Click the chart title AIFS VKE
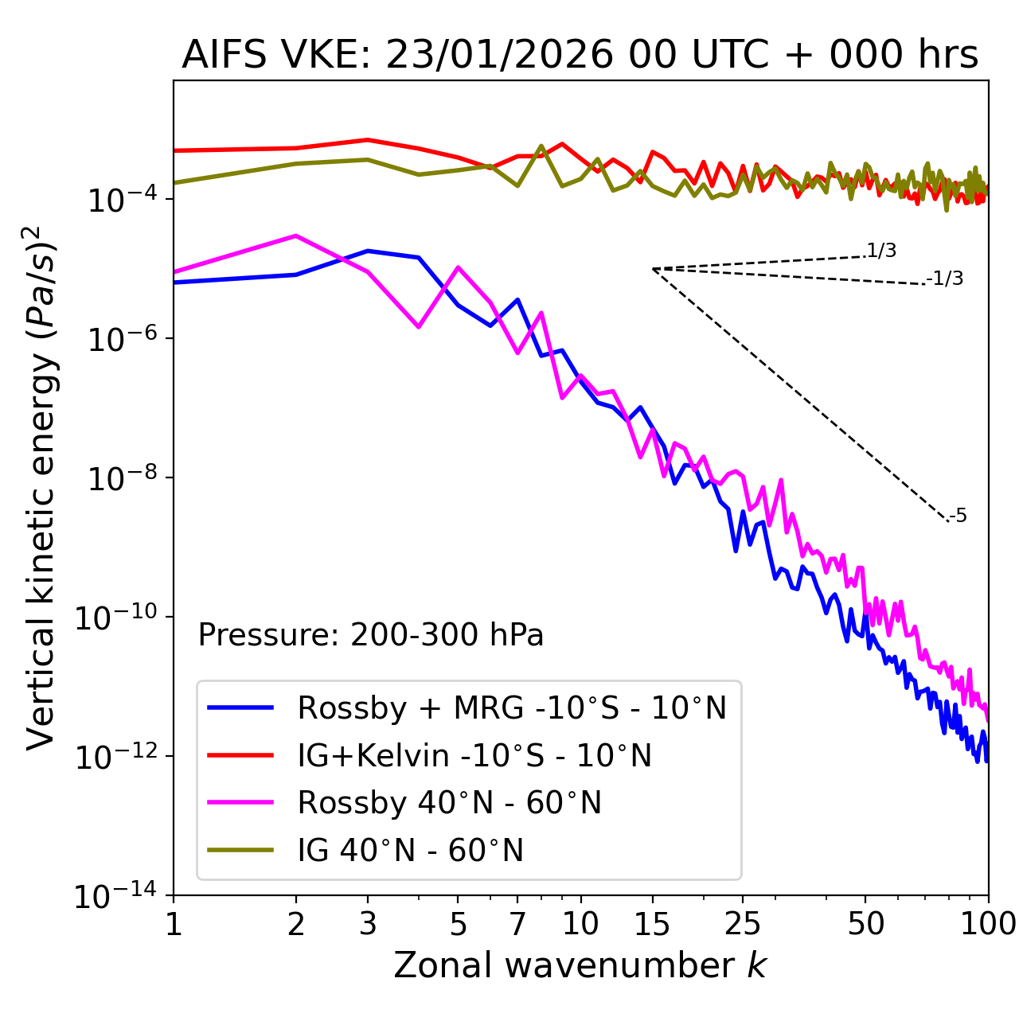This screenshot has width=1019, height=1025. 580,55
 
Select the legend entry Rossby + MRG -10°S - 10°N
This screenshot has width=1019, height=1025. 511,707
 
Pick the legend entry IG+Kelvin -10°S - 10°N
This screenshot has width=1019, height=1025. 474,755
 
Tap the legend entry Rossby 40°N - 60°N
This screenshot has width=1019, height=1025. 449,803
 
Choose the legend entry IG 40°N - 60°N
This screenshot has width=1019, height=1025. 410,851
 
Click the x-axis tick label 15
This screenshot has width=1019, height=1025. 652,923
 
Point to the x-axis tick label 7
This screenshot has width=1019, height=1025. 517,923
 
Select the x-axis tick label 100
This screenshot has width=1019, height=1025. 987,923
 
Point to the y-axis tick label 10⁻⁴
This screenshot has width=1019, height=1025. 119,200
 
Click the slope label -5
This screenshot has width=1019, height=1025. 958,516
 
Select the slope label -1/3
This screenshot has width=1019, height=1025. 946,279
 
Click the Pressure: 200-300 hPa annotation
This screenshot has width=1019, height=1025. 370,635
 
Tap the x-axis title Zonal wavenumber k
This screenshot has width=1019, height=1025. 580,965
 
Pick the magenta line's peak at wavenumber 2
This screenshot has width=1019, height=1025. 296,236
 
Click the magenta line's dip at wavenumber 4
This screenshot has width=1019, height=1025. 419,327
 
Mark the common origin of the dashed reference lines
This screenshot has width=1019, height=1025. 653,269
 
